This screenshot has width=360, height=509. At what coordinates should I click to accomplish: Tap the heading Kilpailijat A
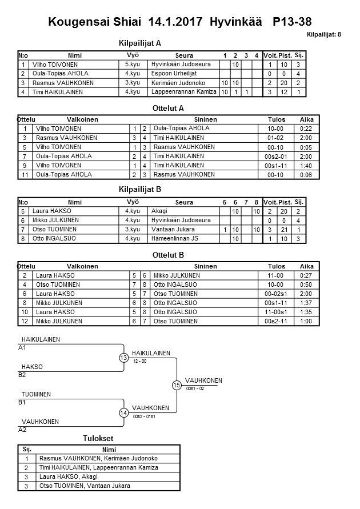point(140,43)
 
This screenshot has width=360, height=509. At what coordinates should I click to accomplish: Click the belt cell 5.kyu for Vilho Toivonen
point(132,65)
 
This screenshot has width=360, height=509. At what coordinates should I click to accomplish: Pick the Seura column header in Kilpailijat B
point(184,202)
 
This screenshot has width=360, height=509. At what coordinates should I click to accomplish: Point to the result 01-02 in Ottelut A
point(275,138)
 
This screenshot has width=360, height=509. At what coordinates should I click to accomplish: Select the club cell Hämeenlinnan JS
point(175,238)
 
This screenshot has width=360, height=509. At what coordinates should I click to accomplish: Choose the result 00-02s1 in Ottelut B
point(275,294)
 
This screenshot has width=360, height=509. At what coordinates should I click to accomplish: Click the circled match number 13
point(123,358)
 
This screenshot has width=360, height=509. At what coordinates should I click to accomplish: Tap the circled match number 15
point(177,386)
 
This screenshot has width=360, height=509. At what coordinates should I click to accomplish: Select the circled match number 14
point(123,413)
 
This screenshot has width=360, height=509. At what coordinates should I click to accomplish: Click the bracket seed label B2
point(22,375)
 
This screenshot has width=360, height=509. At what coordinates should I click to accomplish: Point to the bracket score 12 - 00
point(139,362)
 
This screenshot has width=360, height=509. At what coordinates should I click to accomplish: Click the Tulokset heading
point(98,438)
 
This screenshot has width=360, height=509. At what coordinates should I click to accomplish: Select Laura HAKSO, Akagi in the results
point(69,476)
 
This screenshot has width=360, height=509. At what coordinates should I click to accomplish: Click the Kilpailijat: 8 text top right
point(324,35)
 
